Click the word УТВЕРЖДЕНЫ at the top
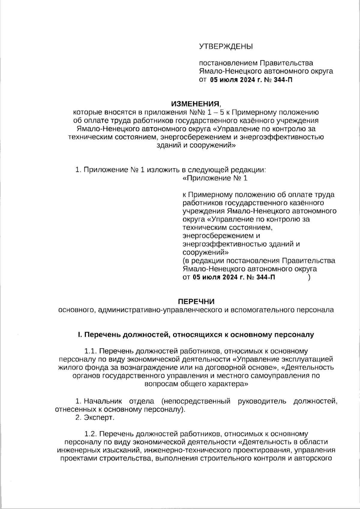coord(226,46)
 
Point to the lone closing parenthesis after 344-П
coord(309,277)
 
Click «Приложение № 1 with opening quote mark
coord(215,178)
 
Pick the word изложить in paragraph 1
coord(162,170)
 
